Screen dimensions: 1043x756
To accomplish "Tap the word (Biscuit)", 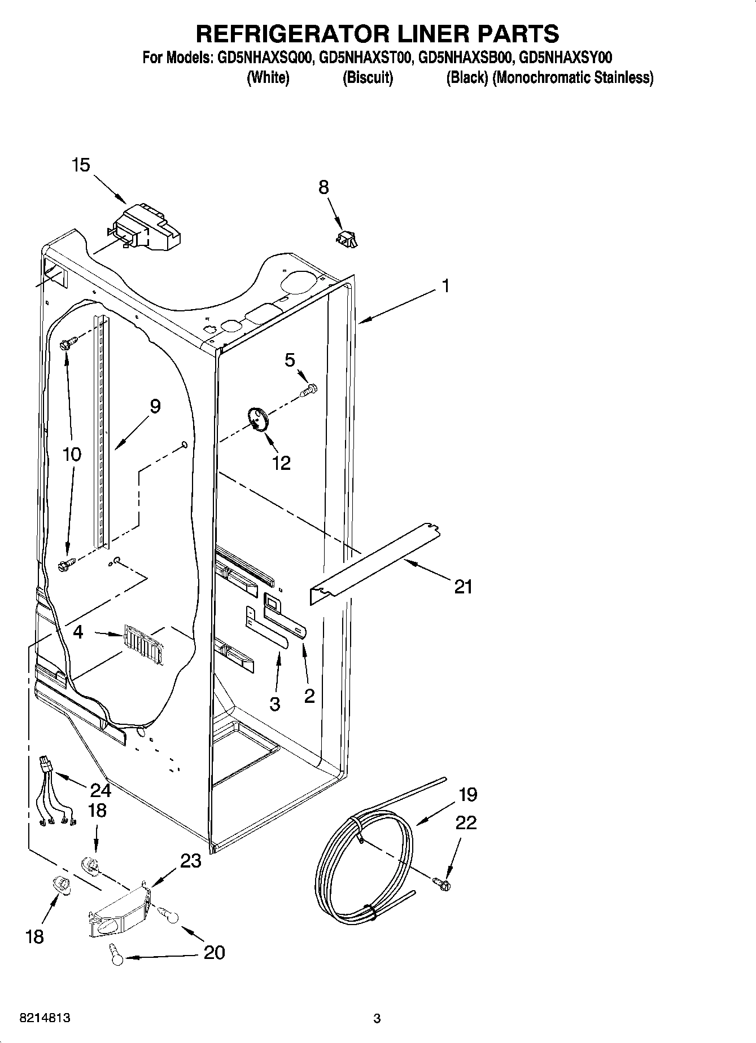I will (368, 78).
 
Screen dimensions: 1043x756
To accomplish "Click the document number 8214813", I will (45, 1018).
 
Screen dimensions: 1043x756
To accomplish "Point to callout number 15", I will (81, 165).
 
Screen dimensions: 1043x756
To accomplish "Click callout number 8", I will (324, 187).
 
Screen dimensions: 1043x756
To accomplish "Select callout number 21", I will (463, 587).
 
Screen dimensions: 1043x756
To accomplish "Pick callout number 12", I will (281, 463).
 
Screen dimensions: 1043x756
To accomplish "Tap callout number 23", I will (190, 861).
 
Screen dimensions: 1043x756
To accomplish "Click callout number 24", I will (100, 790).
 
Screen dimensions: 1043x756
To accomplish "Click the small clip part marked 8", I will (347, 239).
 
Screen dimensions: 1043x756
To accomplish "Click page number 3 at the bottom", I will (377, 1018).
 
